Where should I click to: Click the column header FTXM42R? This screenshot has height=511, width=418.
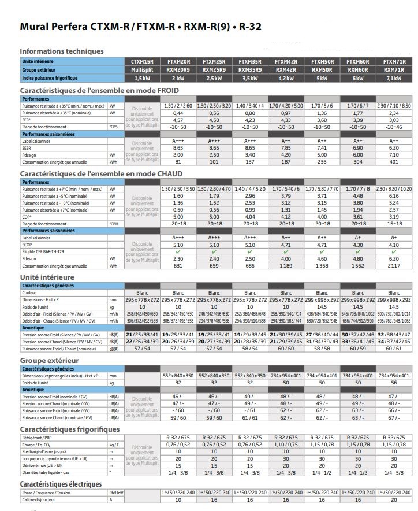coord(286,61)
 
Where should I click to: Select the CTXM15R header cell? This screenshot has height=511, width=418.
coord(142,61)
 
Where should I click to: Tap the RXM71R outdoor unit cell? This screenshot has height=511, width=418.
coord(394,69)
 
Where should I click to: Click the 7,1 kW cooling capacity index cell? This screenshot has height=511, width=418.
coord(394,78)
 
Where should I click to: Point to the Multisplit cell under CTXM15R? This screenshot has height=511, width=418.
coord(142,69)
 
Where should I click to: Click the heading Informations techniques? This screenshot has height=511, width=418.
coord(62,51)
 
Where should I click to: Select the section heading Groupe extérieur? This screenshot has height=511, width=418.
coord(53,360)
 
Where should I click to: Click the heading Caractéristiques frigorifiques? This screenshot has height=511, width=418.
coord(70,429)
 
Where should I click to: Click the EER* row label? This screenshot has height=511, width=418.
coord(27,120)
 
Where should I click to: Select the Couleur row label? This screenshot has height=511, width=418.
coord(30,293)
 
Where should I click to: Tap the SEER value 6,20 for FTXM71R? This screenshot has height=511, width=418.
coord(394,148)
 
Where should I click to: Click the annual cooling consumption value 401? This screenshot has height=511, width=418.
coord(394,162)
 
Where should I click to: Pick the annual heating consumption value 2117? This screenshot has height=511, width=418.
coord(394,266)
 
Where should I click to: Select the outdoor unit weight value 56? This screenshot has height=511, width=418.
coord(394,383)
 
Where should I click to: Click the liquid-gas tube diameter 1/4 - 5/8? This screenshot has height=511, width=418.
coord(394,472)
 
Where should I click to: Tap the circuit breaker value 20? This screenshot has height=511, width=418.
coord(394,499)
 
